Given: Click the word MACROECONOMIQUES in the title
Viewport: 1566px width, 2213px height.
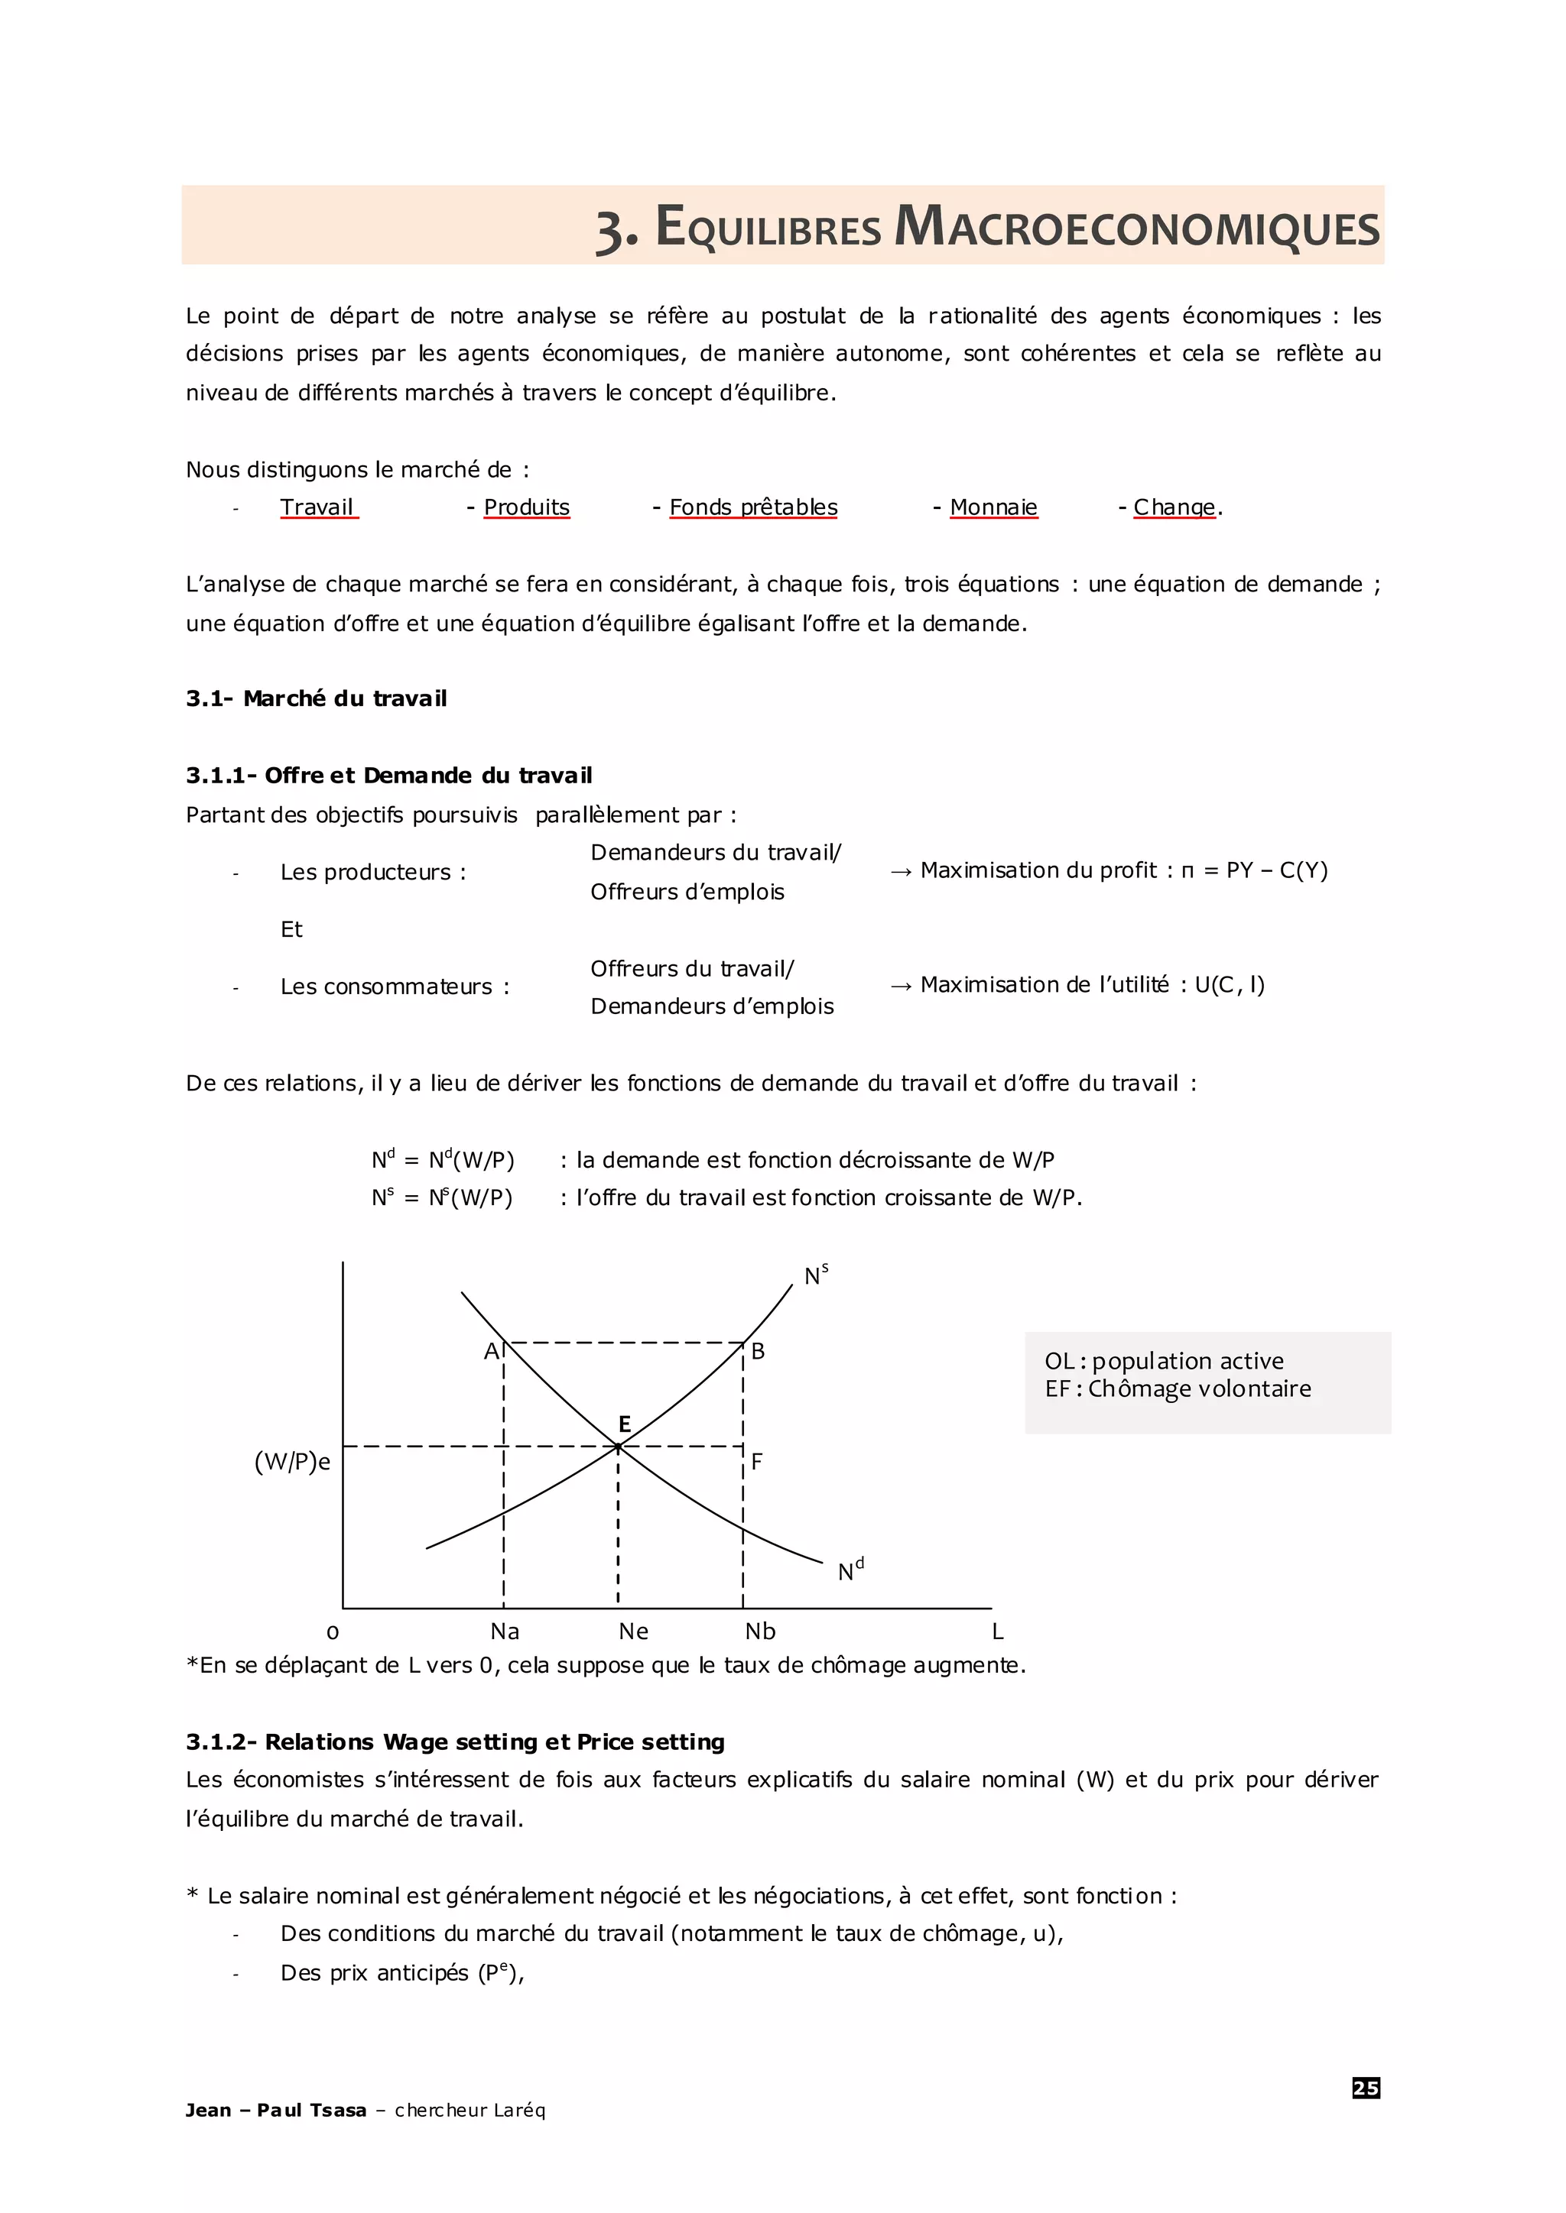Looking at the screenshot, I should pos(1137,228).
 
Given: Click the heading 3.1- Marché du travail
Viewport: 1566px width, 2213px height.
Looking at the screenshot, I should pos(317,698).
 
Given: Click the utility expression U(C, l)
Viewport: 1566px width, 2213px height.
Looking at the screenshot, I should pos(1230,985).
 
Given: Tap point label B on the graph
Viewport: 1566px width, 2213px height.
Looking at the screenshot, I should pos(758,1351).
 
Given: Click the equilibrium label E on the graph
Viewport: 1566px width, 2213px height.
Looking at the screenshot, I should pos(624,1424).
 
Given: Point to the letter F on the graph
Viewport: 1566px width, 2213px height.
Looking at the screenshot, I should pos(757,1461).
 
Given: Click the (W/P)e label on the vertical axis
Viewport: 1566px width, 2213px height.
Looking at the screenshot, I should pos(292,1462).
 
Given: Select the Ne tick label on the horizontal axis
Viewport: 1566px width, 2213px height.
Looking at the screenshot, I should pos(634,1631).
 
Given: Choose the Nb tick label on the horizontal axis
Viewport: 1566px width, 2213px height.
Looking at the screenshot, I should pos(760,1631).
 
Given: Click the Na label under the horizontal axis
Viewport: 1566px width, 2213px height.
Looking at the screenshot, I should pos(505,1631).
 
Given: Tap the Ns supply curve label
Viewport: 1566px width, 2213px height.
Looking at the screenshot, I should pos(816,1275).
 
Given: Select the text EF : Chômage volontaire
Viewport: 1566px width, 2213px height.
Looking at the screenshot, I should pos(1178,1389).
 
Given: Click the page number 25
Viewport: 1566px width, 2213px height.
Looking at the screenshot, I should pos(1366,2088).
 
